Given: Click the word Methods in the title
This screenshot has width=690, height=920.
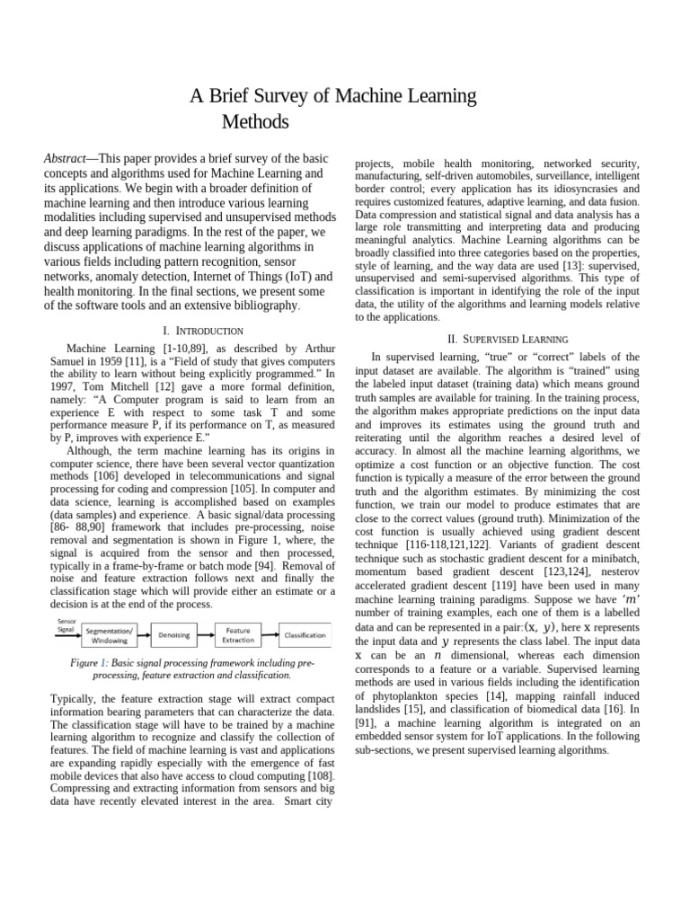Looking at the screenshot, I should point(255,121).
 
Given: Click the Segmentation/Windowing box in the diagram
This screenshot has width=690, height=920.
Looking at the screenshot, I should point(109,636).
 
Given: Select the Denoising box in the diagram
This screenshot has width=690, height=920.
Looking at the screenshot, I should point(174,635).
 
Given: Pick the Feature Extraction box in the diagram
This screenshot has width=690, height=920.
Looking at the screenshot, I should point(238,635).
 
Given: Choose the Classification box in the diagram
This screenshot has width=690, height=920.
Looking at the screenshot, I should point(305,635).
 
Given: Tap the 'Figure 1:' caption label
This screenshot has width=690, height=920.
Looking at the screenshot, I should point(91,662).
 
